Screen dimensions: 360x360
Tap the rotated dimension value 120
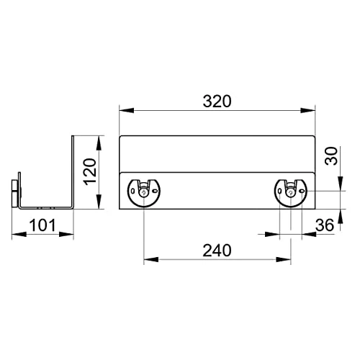click(x=89, y=172)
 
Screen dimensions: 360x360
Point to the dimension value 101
click(x=42, y=225)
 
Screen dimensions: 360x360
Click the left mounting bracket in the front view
click(x=143, y=192)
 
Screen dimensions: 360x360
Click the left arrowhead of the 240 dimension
click(x=148, y=260)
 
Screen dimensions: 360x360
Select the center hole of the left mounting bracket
click(x=143, y=192)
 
